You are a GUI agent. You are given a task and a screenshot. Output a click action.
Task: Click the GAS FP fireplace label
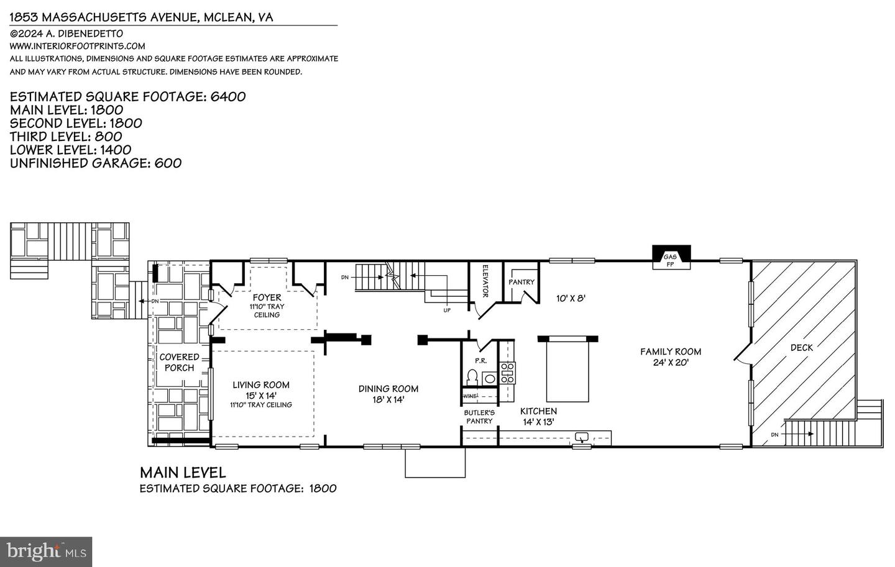[670, 260]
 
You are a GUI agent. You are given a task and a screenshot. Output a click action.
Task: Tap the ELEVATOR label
[487, 281]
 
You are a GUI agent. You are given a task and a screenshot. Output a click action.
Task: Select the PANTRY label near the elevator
[521, 282]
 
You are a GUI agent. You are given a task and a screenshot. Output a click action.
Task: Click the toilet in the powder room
[472, 377]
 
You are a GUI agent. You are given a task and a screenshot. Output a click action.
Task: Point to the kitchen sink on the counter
[582, 437]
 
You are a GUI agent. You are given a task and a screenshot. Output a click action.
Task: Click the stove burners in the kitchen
[508, 373]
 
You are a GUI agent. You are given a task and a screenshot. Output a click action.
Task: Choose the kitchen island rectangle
[567, 371]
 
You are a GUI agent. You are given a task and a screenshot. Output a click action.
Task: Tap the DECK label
[801, 348]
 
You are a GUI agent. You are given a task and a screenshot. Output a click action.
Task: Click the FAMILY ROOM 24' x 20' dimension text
[671, 363]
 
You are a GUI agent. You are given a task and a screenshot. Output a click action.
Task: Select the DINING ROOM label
[388, 389]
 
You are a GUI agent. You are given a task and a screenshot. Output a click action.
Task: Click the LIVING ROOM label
[261, 385]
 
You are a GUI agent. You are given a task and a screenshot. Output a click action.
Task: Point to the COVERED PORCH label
[179, 362]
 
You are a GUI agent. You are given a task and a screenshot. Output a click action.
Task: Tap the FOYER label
[267, 297]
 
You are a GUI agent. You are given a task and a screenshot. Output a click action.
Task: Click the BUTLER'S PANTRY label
[479, 417]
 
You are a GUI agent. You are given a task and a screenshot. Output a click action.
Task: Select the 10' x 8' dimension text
[571, 298]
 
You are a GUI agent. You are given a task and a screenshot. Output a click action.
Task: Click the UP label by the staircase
[447, 310]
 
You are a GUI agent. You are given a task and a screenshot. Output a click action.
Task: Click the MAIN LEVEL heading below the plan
[183, 473]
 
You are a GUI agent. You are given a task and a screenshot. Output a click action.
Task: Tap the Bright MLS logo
[46, 551]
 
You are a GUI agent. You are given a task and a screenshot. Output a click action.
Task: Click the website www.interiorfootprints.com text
[78, 46]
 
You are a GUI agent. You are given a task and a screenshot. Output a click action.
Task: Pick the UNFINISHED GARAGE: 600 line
[96, 163]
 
